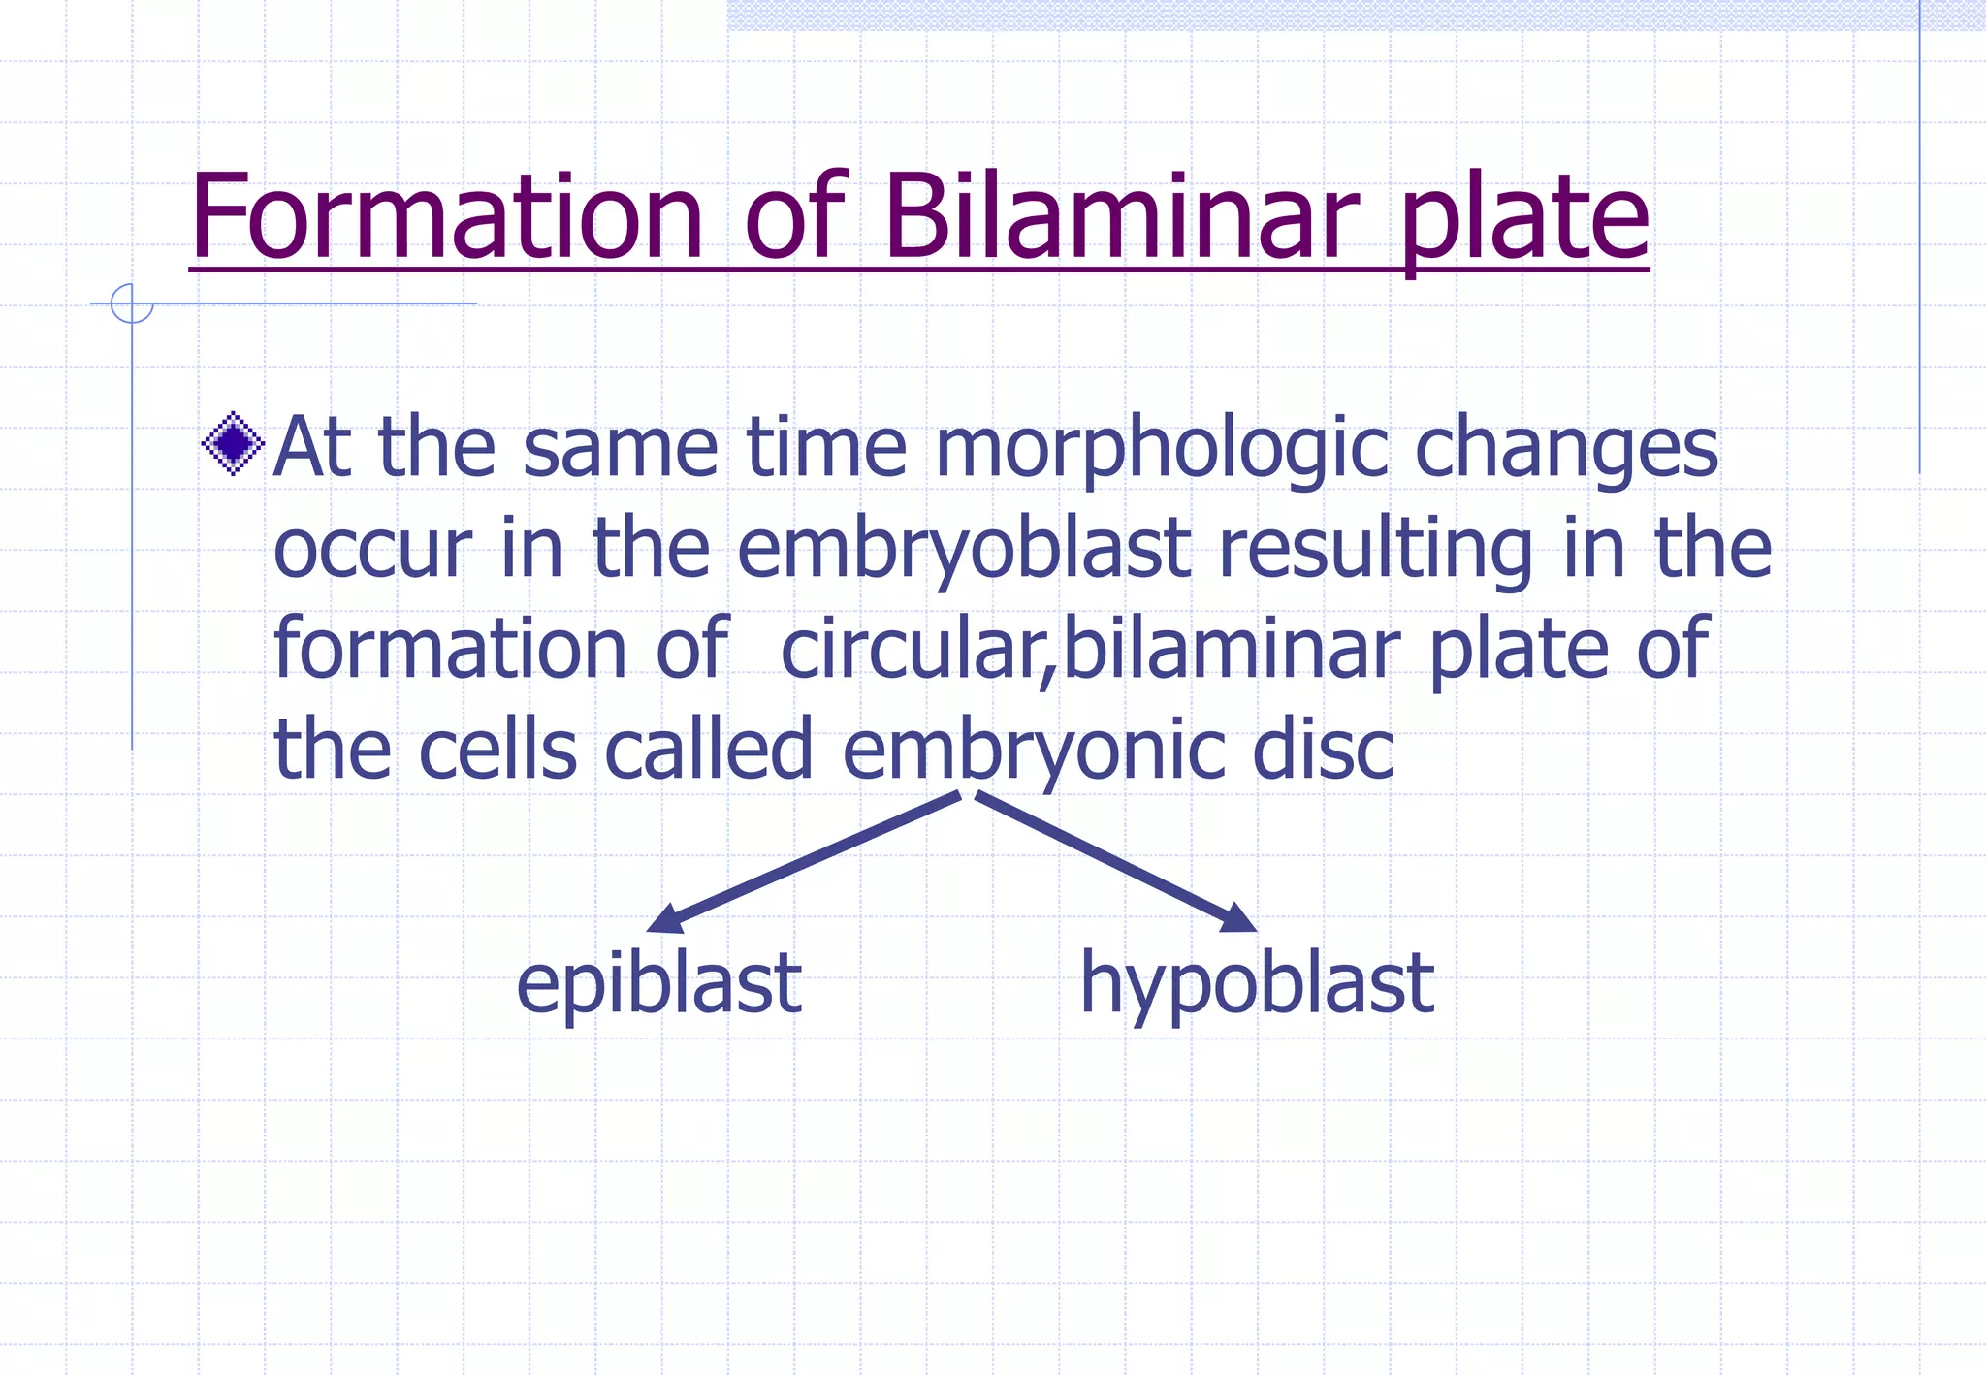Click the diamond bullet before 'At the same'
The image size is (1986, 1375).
pyautogui.click(x=233, y=444)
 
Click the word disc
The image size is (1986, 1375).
pyautogui.click(x=1323, y=751)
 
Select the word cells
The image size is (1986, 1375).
pyautogui.click(x=497, y=751)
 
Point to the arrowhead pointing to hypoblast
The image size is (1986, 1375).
pyautogui.click(x=1238, y=918)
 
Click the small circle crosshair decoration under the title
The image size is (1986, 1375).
pyautogui.click(x=132, y=304)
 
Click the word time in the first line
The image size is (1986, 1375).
pyautogui.click(x=826, y=449)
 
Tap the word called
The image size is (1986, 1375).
pyautogui.click(x=709, y=751)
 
